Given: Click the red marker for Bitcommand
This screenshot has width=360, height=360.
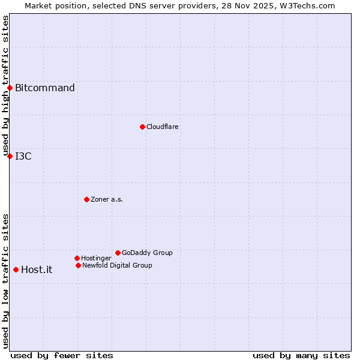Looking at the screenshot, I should point(10,88).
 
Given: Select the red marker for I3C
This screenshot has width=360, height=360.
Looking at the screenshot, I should point(10,156).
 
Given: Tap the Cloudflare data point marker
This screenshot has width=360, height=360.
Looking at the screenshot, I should point(142,127).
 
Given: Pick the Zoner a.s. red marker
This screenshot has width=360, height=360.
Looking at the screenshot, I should point(86,199).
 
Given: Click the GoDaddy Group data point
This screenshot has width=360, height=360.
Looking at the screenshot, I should point(118,253).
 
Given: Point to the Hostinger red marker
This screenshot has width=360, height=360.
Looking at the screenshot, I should point(77,258).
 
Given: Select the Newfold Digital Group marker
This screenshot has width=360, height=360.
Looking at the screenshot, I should point(78,265).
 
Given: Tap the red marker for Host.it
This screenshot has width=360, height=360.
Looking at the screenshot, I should point(16,269).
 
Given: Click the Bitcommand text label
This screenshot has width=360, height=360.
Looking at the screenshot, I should point(45,88).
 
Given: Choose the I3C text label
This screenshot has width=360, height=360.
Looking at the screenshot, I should point(23,157).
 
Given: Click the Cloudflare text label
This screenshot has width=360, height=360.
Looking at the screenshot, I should point(163,127).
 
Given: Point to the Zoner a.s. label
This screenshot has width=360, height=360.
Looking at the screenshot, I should point(107,199).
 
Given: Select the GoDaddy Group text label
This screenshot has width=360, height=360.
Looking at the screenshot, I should point(147,253).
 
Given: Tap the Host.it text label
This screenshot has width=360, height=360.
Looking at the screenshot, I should point(37,270).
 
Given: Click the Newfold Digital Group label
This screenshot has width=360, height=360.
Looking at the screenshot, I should point(117,265).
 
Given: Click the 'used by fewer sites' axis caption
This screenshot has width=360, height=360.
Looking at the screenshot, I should point(62,355).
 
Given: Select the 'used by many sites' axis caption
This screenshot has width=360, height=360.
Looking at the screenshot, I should point(301,355).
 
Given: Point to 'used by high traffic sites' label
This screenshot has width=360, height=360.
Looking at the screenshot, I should point(6,85).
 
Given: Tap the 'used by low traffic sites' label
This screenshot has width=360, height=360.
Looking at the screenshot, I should point(6,281).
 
